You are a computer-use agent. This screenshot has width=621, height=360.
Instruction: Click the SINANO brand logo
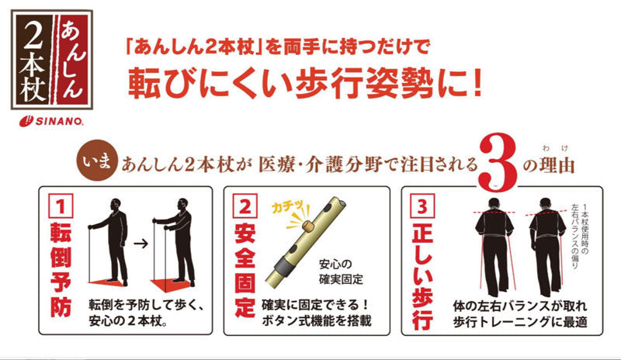coord(51,121)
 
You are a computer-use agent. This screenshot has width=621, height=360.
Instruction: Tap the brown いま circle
coord(97,161)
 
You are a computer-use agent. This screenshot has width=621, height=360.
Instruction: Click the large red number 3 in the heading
coord(498,163)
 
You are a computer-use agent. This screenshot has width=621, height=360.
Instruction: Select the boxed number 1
coord(61,206)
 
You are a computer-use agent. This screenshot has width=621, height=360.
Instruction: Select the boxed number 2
coord(245,206)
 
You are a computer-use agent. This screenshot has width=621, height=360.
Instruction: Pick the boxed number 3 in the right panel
coord(422,206)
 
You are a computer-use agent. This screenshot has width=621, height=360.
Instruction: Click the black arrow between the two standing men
coord(141,243)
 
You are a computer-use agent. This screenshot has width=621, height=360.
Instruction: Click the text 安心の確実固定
coord(341,272)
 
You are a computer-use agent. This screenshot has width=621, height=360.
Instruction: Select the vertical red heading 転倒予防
coord(61,269)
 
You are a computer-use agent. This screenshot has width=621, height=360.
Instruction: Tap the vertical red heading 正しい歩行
coord(422,275)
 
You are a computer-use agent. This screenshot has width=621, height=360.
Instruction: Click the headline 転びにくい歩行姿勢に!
coord(305,84)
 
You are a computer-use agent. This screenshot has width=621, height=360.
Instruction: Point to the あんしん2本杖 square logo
coord(52,61)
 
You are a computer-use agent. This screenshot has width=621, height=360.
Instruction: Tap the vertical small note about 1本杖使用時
coord(579,237)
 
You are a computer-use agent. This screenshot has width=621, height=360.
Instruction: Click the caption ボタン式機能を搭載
coord(317,320)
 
